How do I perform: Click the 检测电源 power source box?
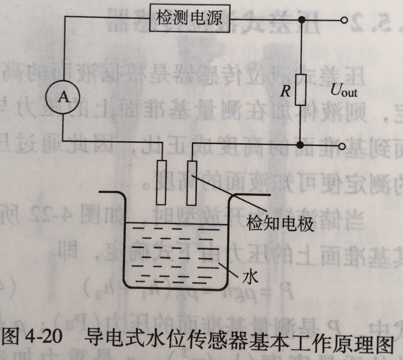click(189, 19)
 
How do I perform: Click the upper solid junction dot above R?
click(301, 19)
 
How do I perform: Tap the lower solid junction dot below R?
click(300, 145)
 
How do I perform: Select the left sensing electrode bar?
click(160, 182)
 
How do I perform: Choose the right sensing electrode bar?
click(191, 182)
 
